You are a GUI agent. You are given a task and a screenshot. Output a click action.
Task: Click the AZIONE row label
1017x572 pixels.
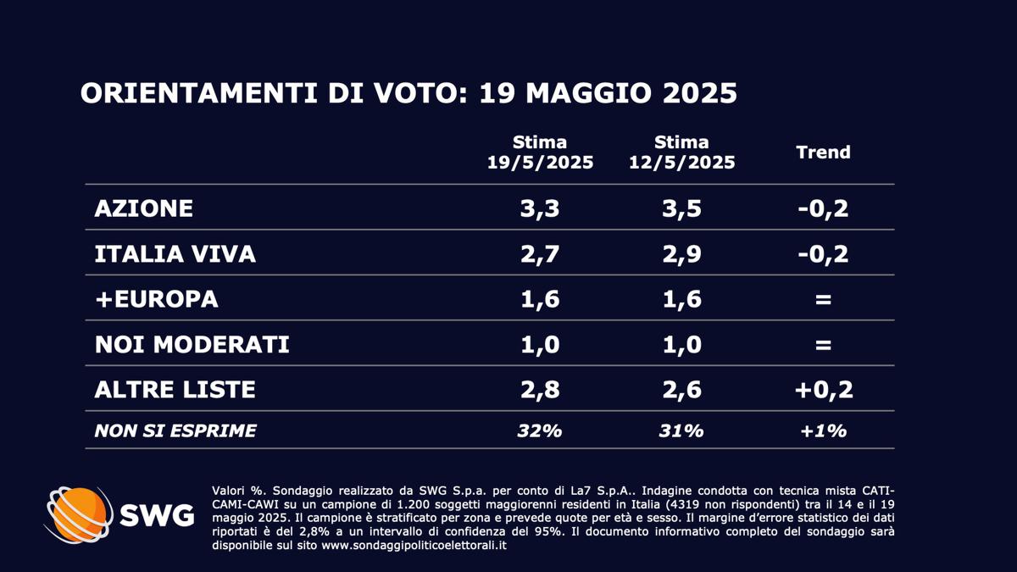144,208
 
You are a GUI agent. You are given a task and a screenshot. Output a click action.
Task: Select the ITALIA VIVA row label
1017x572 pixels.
175,253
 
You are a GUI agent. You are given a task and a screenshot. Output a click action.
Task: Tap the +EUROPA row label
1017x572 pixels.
157,299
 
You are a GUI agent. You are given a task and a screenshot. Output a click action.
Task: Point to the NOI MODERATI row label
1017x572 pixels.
192,345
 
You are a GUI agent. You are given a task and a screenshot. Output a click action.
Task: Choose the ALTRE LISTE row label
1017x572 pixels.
175,390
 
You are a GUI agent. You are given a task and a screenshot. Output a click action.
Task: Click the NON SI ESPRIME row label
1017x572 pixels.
175,430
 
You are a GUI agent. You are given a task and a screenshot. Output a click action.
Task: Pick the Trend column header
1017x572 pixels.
823,153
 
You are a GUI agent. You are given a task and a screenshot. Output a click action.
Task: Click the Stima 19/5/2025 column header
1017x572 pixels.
540,153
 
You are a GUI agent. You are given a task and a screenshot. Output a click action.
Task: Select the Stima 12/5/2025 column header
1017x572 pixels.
681,153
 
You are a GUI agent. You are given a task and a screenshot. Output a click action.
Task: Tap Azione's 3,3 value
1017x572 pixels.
540,208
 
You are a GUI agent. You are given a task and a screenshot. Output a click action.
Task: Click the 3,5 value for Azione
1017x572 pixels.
681,208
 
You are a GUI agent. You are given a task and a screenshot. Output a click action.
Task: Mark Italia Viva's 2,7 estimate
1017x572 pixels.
540,253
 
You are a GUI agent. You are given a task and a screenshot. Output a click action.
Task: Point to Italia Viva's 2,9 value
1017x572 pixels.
681,253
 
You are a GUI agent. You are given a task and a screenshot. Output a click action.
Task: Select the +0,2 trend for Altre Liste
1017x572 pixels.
823,390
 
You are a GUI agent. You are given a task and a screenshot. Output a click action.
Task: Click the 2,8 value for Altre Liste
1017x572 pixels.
540,390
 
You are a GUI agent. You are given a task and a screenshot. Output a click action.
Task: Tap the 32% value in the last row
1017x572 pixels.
540,430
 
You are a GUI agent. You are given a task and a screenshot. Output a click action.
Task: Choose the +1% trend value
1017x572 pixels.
823,430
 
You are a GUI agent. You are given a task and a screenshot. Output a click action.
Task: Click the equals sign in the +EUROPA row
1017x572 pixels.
823,299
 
